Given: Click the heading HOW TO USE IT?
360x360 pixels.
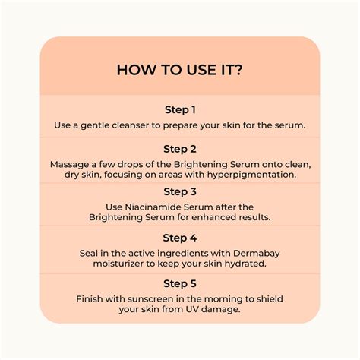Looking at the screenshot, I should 180,70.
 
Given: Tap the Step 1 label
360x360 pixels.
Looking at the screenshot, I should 180,109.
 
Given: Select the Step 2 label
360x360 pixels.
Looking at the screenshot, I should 180,149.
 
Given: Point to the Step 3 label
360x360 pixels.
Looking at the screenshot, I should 180,191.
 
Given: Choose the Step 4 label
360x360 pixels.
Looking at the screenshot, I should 180,237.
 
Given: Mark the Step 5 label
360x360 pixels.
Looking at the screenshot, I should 180,283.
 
